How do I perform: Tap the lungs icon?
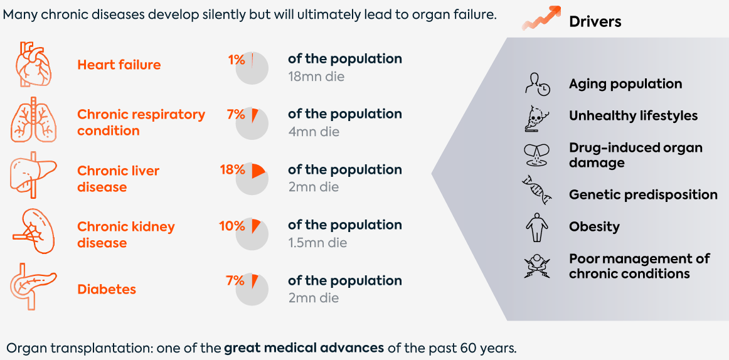click(33, 120)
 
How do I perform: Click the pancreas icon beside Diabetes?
click(33, 286)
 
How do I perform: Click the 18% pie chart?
click(252, 178)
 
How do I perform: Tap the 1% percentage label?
click(236, 60)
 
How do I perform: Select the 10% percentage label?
click(232, 226)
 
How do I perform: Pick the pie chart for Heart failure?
click(252, 68)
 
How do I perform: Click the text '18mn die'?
click(316, 77)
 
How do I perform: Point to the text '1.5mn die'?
click(317, 243)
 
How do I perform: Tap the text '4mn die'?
click(314, 132)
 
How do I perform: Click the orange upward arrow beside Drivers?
click(540, 18)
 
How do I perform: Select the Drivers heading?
click(595, 21)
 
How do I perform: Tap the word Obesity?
click(594, 227)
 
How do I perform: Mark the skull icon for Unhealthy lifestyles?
click(536, 117)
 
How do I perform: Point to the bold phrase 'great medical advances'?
click(304, 347)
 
